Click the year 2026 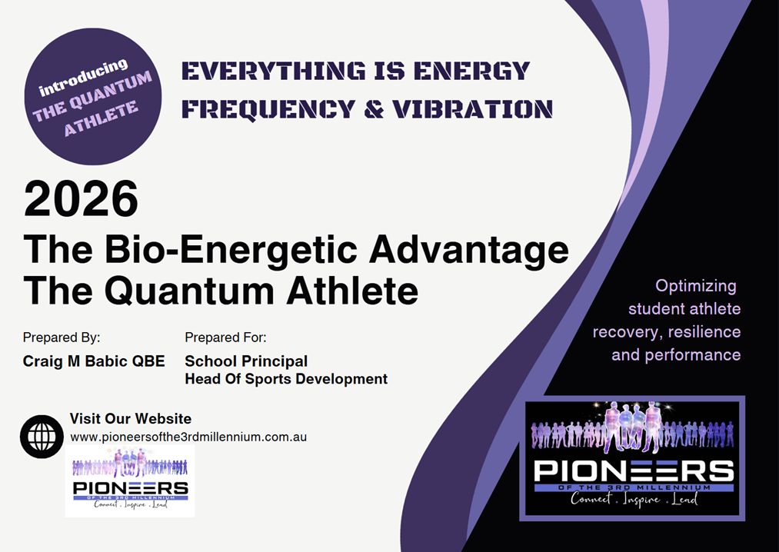(81, 199)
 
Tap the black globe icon (42, 437)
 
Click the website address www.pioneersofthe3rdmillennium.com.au (188, 437)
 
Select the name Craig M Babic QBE (94, 361)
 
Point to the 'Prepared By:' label (62, 338)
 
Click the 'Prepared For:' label (225, 338)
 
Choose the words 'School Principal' (246, 361)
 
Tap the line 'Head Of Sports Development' (286, 379)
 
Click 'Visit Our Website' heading (130, 418)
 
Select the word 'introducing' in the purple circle (84, 78)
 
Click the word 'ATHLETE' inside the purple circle (101, 118)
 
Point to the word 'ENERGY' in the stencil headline (471, 71)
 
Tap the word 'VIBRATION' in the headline (472, 109)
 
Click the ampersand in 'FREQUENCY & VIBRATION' (374, 109)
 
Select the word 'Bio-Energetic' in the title (231, 249)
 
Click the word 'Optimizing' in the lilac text (695, 286)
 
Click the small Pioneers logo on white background (130, 481)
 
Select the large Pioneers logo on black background (632, 458)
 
